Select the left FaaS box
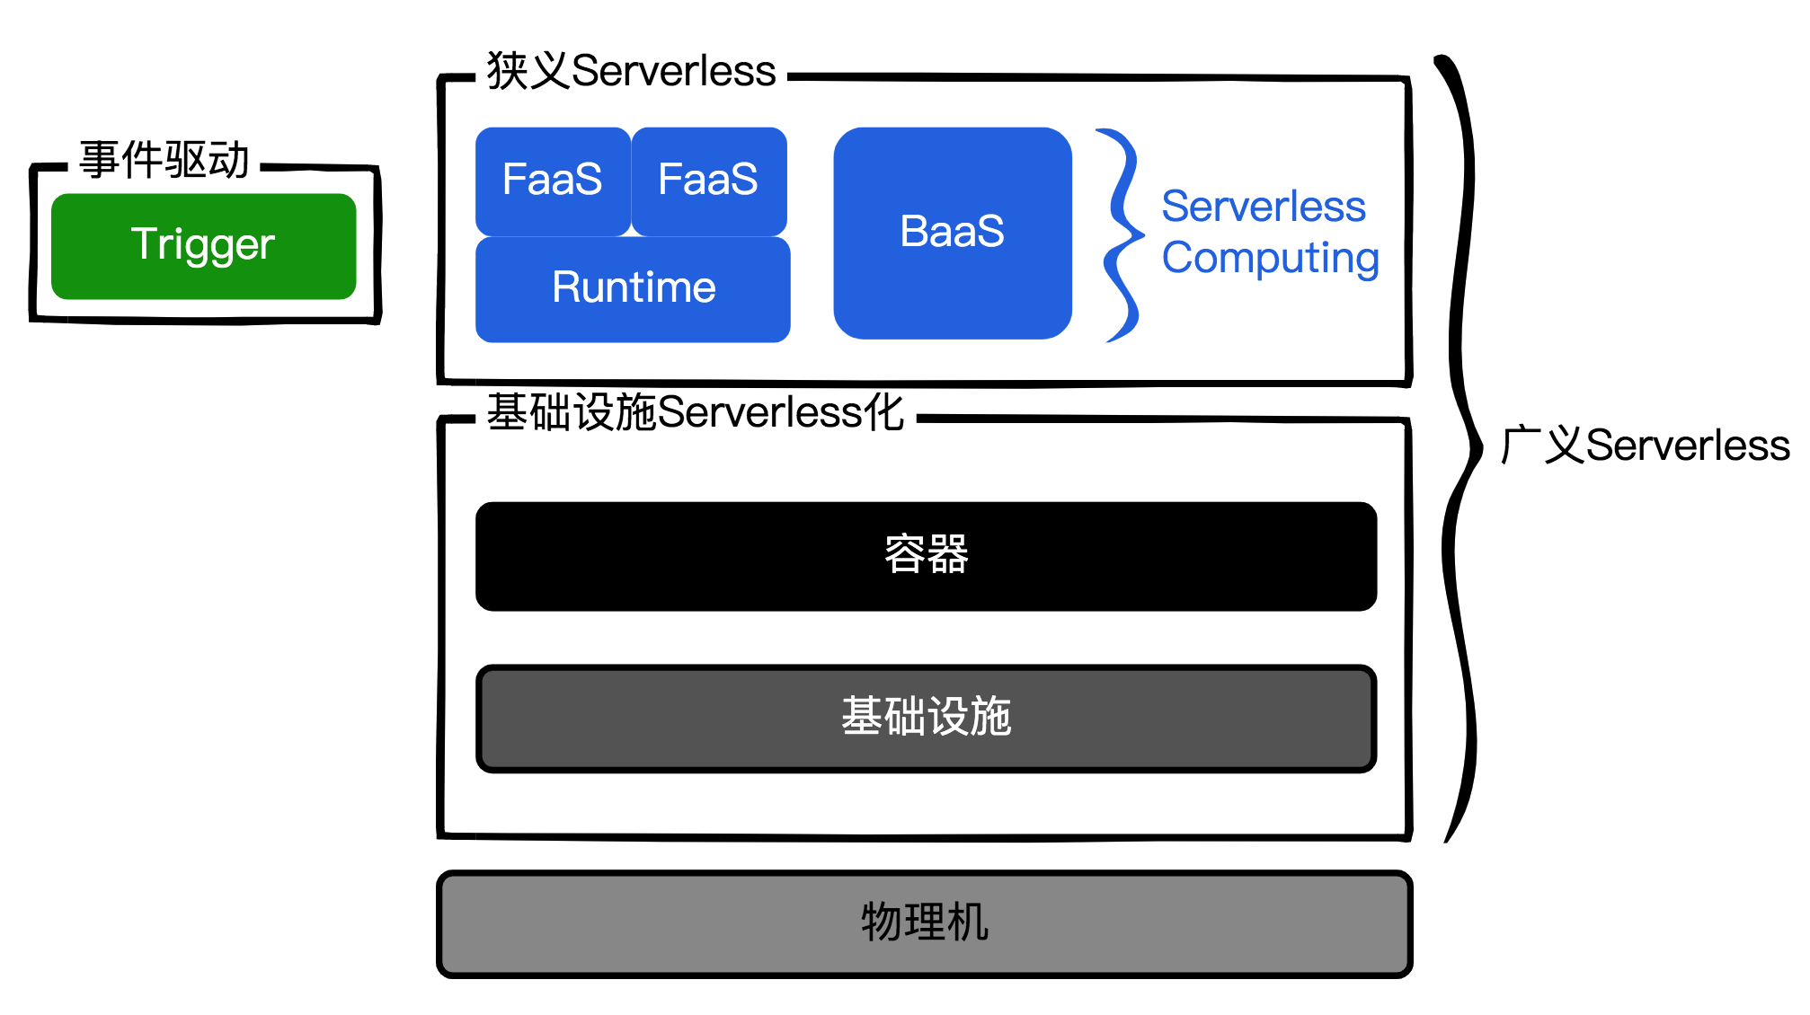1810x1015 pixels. click(x=553, y=181)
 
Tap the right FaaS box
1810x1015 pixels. click(x=709, y=181)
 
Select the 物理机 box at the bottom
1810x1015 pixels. click(x=925, y=923)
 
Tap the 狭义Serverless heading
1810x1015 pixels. click(x=632, y=71)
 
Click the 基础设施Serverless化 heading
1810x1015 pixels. click(x=695, y=413)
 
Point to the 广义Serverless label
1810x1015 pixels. click(x=1646, y=446)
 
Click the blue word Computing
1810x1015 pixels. click(x=1270, y=259)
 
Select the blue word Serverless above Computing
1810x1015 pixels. click(x=1264, y=207)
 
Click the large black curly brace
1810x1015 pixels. click(x=1460, y=449)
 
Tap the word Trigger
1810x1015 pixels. click(x=203, y=244)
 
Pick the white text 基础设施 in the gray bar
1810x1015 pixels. click(x=927, y=717)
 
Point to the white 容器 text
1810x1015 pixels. click(x=927, y=554)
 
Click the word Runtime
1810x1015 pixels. click(x=634, y=288)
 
